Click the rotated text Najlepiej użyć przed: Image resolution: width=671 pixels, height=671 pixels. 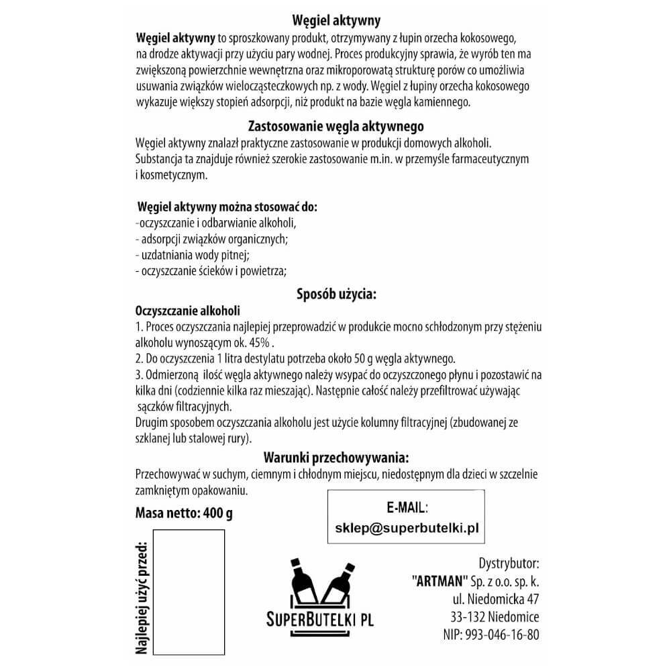coord(142,598)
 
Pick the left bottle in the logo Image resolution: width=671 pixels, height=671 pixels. coord(303,577)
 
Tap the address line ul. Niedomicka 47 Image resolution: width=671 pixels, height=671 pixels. coord(496,599)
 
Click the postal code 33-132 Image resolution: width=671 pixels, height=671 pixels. coord(469,617)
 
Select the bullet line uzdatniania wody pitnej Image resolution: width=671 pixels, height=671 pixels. coord(193,256)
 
